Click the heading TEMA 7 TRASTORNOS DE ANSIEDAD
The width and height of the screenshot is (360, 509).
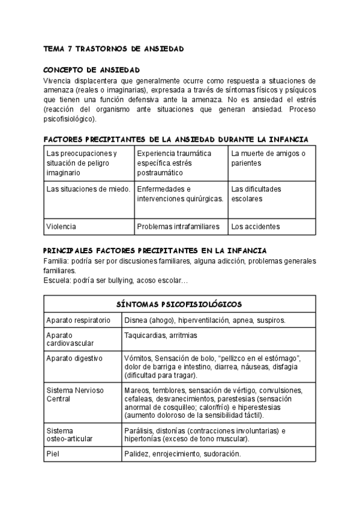(113, 48)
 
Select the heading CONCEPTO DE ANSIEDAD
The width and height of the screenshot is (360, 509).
(92, 70)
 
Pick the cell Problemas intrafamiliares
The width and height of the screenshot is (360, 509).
(178, 226)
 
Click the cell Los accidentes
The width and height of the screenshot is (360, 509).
(255, 226)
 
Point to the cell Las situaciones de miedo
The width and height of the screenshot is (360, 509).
(88, 189)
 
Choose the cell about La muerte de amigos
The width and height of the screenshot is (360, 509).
(268, 158)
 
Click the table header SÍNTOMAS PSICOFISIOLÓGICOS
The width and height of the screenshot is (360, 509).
(179, 304)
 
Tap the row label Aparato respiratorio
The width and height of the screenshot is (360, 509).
(78, 321)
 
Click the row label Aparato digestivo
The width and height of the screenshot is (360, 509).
(74, 358)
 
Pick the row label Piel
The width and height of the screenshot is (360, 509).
(53, 454)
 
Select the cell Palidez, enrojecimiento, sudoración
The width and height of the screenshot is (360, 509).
(182, 454)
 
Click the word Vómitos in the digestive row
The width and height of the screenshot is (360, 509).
(138, 358)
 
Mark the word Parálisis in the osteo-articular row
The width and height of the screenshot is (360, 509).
(139, 430)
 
